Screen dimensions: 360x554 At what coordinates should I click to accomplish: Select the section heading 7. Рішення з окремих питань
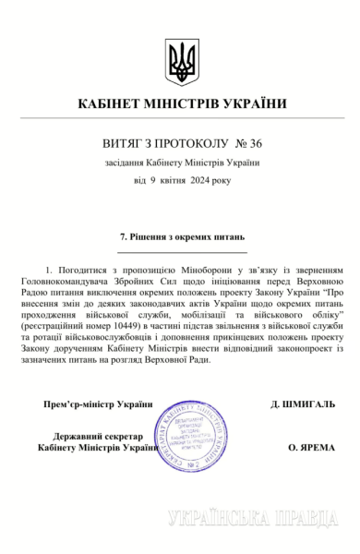tap(181, 236)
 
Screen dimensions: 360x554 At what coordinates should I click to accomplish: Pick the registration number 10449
tap(127, 328)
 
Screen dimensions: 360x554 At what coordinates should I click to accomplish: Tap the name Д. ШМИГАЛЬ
tap(303, 404)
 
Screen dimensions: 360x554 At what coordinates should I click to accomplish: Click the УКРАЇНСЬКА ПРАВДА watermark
tap(251, 519)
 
